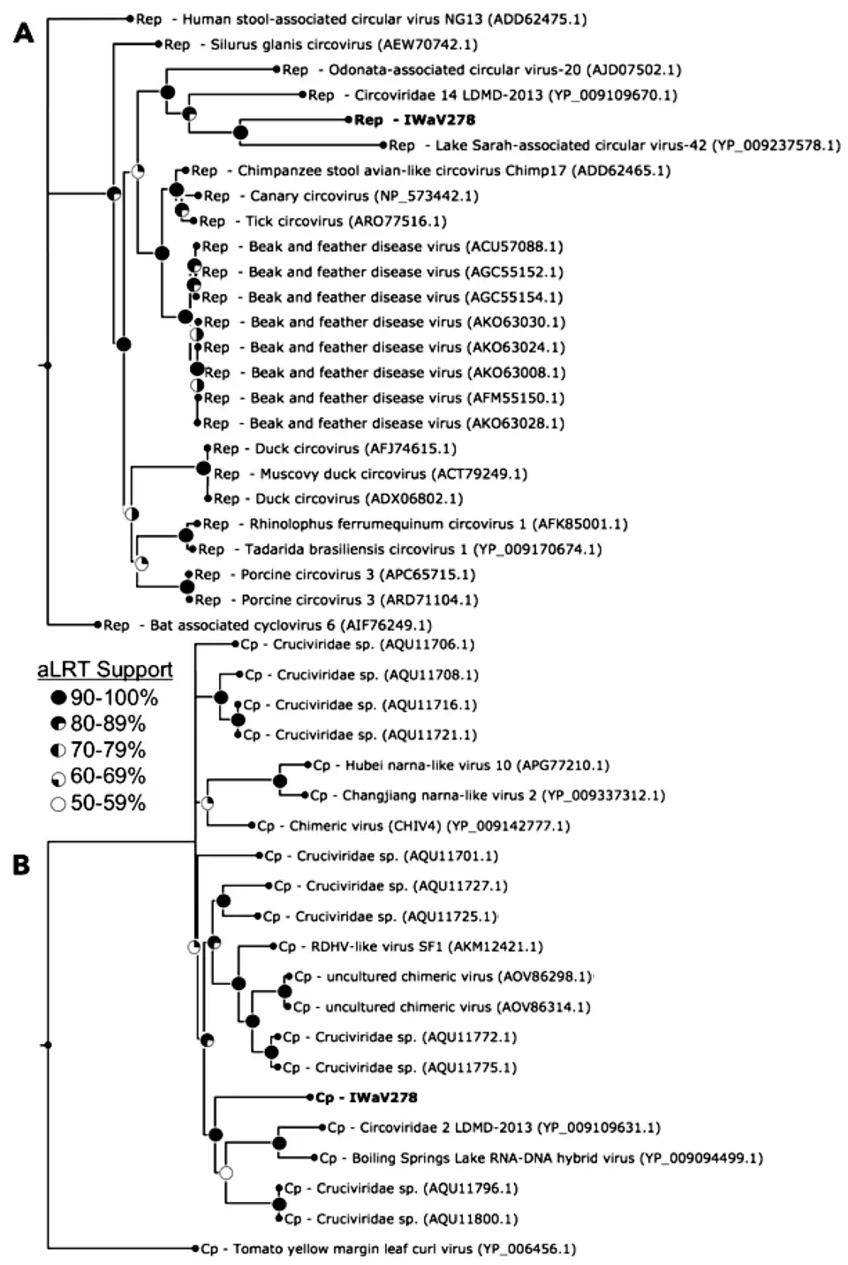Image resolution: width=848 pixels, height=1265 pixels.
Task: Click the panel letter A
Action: click(24, 34)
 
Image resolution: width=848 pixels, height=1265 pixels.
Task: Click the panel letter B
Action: click(21, 865)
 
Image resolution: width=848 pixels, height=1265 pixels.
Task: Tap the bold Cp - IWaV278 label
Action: click(366, 1097)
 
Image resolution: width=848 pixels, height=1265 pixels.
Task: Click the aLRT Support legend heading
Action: click(105, 670)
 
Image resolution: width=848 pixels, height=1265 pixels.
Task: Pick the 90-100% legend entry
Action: click(104, 698)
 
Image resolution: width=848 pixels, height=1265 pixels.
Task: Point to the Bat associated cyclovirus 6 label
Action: click(268, 625)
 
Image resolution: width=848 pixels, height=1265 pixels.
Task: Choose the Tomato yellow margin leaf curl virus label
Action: click(388, 1249)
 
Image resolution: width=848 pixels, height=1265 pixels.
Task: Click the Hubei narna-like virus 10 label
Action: click(461, 765)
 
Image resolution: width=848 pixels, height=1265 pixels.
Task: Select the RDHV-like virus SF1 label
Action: click(411, 946)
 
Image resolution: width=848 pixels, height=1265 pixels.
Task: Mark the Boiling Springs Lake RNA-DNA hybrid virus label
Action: click(541, 1157)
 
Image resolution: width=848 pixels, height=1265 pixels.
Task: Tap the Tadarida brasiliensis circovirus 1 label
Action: click(400, 549)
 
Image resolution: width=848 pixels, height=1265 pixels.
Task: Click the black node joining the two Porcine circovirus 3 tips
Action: click(187, 587)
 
